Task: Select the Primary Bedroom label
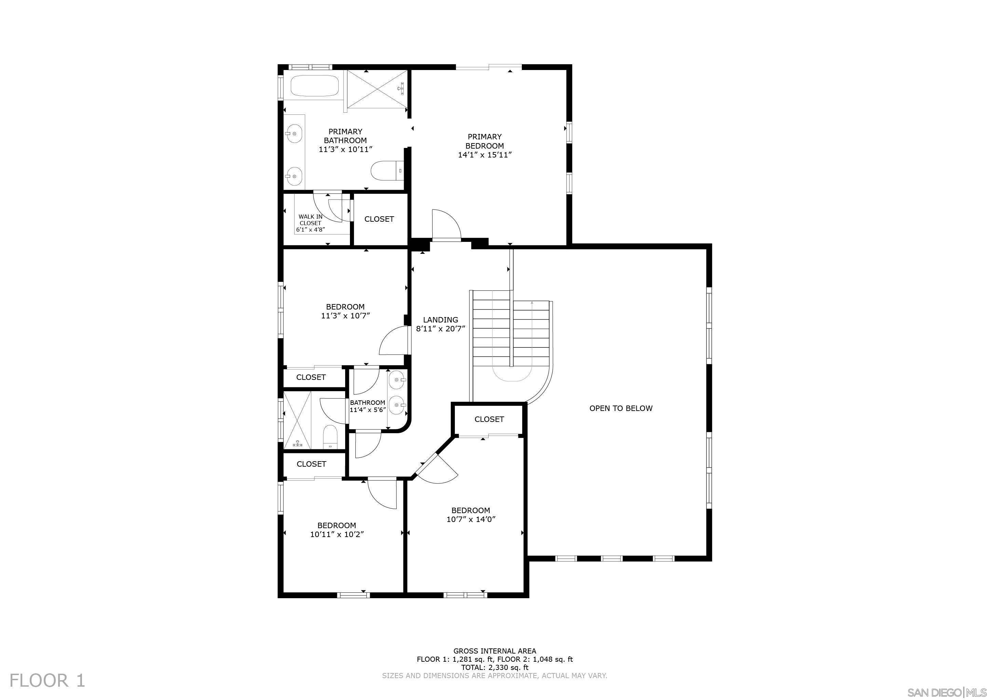tap(485, 141)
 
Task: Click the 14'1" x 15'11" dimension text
tap(485, 155)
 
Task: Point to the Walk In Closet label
tap(310, 220)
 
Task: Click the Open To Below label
tap(621, 408)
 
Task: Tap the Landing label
tap(440, 320)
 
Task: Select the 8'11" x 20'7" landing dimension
tap(440, 329)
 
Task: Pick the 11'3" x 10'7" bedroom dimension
tap(345, 316)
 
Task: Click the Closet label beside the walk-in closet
tap(379, 219)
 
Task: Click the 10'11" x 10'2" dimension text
tap(337, 535)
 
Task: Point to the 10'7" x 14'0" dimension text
tap(471, 519)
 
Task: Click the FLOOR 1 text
tap(48, 681)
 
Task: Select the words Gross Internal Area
tap(494, 651)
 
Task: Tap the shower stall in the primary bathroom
tap(377, 89)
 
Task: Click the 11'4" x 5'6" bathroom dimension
tap(367, 410)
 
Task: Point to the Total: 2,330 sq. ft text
tap(494, 667)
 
